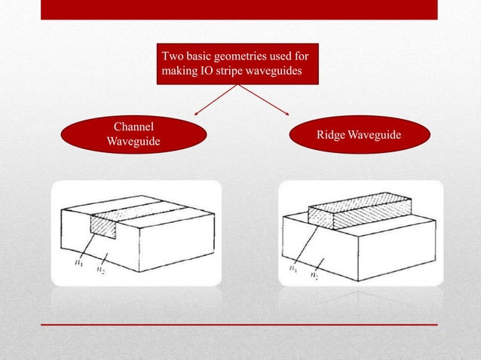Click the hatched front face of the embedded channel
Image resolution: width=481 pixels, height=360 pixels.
click(103, 224)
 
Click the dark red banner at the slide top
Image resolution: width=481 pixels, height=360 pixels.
click(239, 10)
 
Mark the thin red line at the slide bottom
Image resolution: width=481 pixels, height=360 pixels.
click(239, 325)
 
